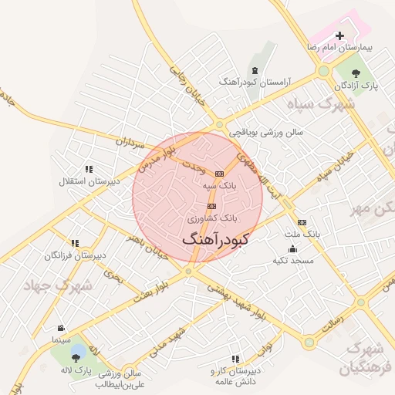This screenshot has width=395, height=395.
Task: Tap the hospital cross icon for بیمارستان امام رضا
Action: (340, 35)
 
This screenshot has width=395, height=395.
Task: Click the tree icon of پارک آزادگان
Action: (356, 73)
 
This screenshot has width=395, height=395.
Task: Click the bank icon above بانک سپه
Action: (219, 174)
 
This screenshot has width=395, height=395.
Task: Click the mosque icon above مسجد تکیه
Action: (292, 249)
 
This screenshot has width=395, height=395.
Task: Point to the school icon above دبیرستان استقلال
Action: (89, 169)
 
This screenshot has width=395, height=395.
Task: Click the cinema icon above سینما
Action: (61, 329)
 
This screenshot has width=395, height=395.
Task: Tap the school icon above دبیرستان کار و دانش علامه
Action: (235, 359)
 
